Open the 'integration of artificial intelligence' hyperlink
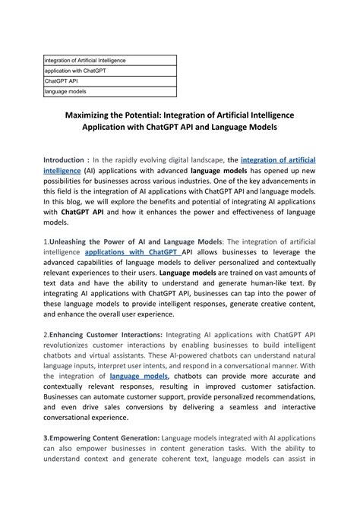pos(277,160)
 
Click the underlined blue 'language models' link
pos(138,375)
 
